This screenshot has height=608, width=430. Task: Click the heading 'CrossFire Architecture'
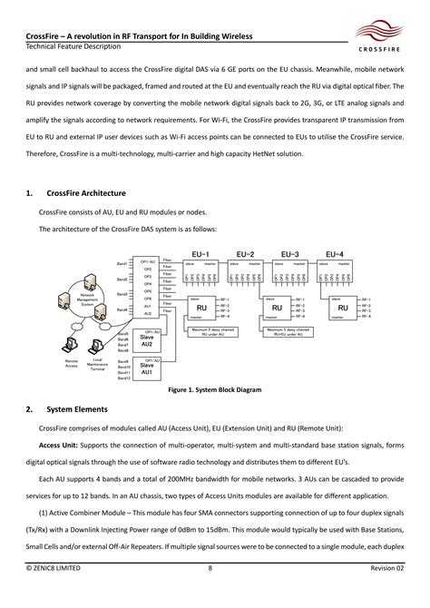click(83, 193)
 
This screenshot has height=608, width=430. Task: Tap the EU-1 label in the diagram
click(201, 254)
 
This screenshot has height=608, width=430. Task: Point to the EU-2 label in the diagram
click(245, 254)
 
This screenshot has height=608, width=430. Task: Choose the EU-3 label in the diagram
click(290, 254)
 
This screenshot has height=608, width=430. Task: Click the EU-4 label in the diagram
click(335, 254)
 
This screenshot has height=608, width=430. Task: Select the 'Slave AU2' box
click(146, 341)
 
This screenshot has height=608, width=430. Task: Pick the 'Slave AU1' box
click(146, 368)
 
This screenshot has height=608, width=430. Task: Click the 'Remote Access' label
click(72, 363)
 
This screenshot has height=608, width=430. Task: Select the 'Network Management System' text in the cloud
click(88, 299)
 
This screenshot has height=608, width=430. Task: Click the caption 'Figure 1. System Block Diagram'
click(214, 390)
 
